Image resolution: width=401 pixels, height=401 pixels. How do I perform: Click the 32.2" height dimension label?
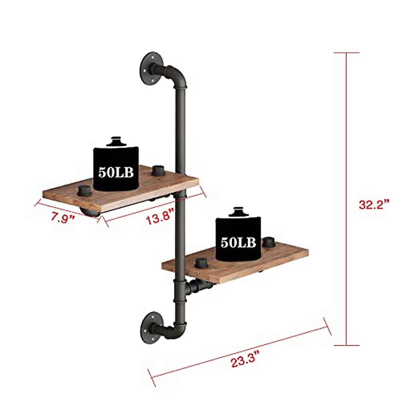coord(374,204)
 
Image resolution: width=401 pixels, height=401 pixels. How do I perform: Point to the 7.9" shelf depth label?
coord(62,218)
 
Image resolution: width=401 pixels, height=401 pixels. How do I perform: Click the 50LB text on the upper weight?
coord(116,172)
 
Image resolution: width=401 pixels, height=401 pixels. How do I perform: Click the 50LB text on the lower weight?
coord(238,242)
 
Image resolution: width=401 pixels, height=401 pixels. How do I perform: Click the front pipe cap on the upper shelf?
coord(83,190)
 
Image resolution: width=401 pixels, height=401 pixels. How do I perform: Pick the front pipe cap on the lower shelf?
coord(201,263)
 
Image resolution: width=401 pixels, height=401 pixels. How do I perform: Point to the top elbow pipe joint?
coord(177,75)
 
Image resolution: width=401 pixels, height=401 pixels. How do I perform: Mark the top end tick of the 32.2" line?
coord(346,53)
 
